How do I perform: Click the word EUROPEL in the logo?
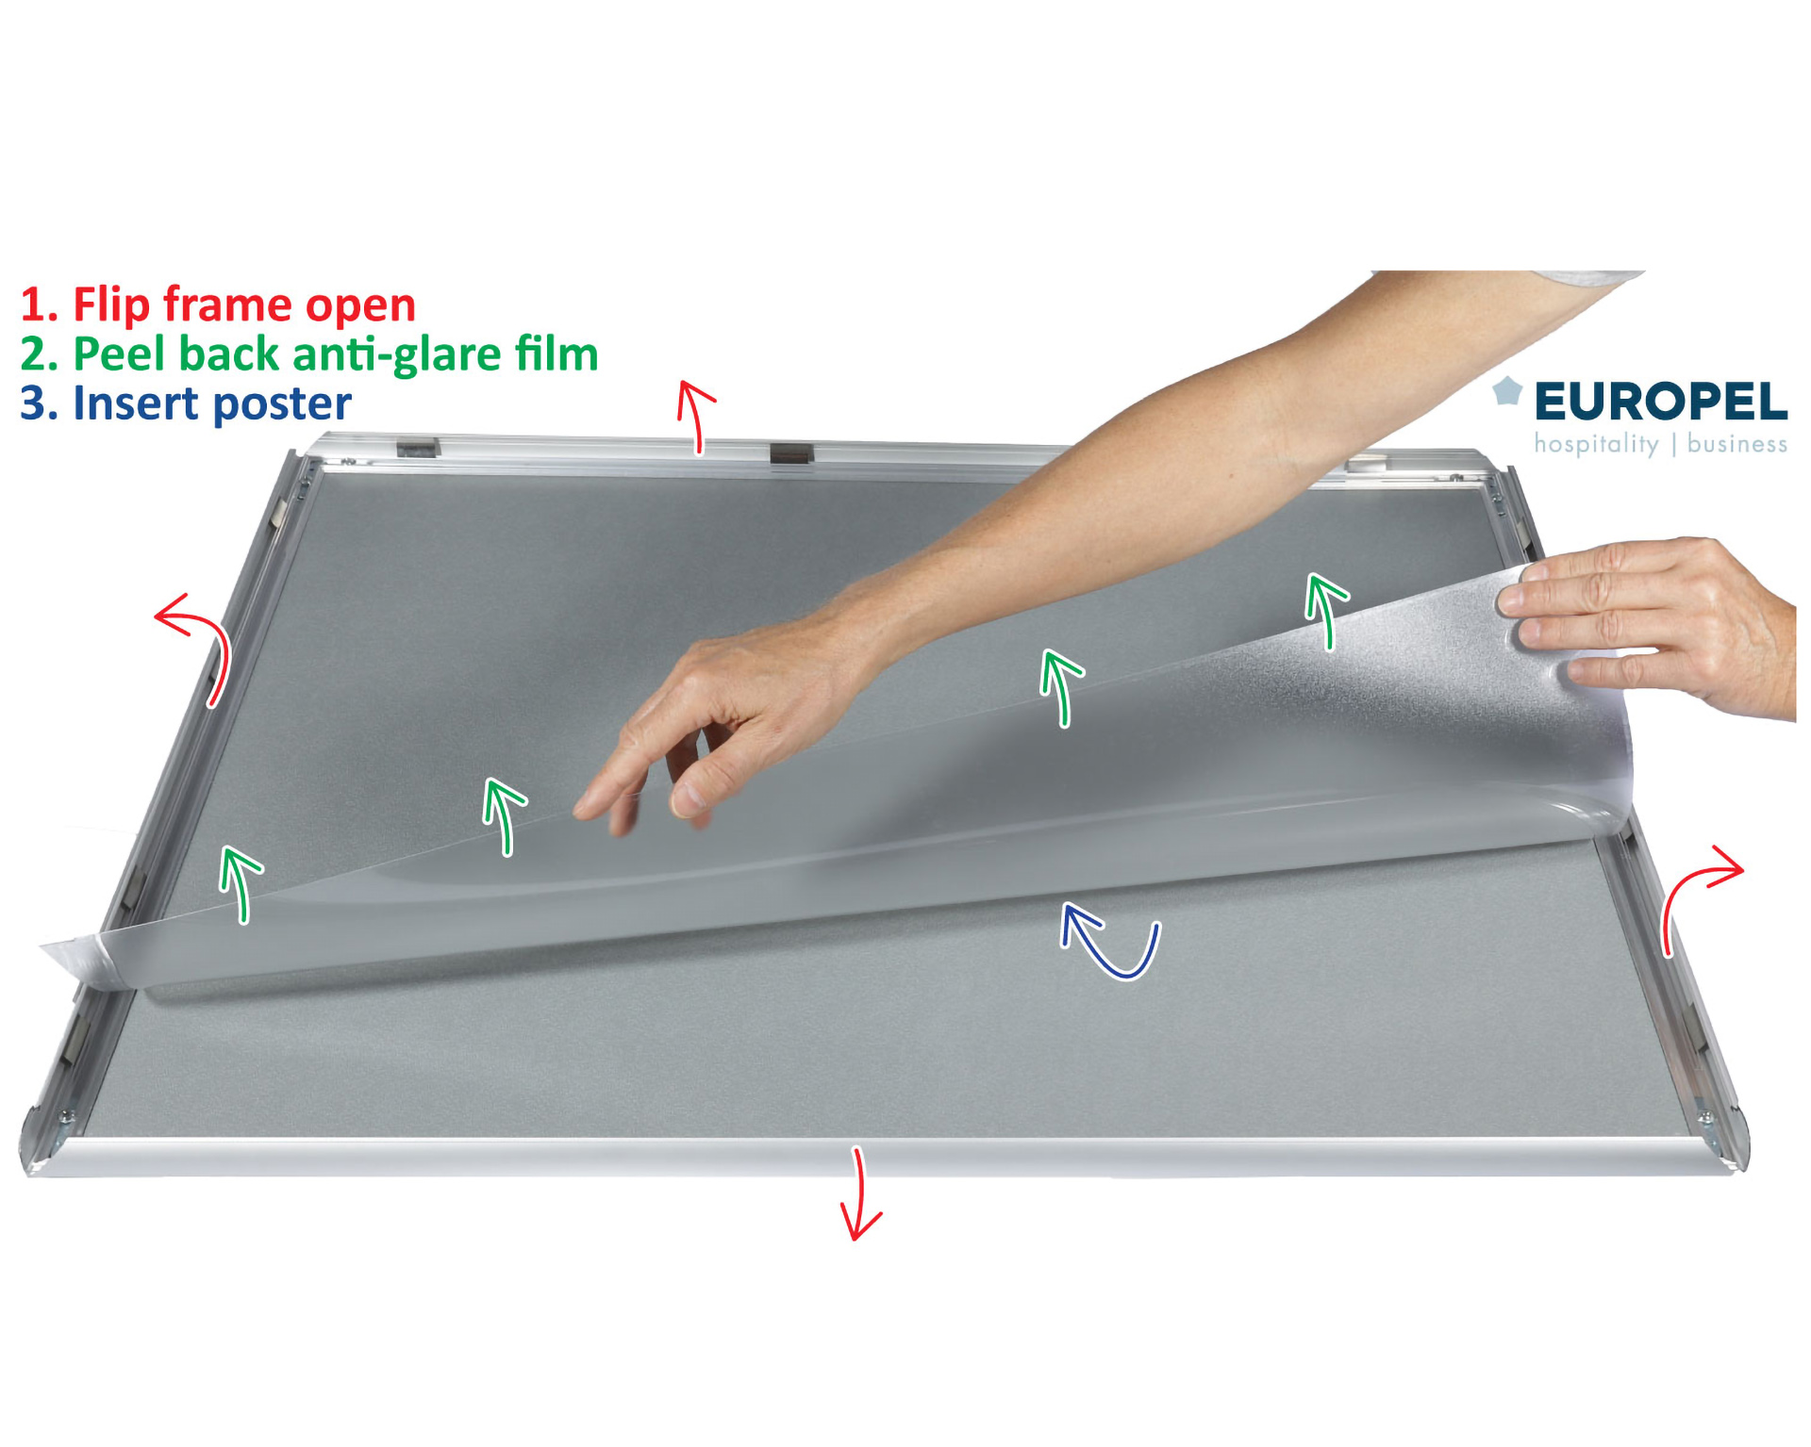[x=1660, y=402]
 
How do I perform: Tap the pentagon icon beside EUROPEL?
[x=1507, y=390]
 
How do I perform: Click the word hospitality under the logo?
[x=1596, y=444]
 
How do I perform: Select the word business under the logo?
[x=1737, y=443]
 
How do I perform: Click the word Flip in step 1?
[x=111, y=305]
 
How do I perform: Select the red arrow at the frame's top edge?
[x=694, y=415]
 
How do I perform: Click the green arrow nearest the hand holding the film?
[x=1328, y=611]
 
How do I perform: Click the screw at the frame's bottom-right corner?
[x=1705, y=1119]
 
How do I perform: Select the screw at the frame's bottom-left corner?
[x=66, y=1118]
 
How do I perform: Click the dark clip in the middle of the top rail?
[x=790, y=453]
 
